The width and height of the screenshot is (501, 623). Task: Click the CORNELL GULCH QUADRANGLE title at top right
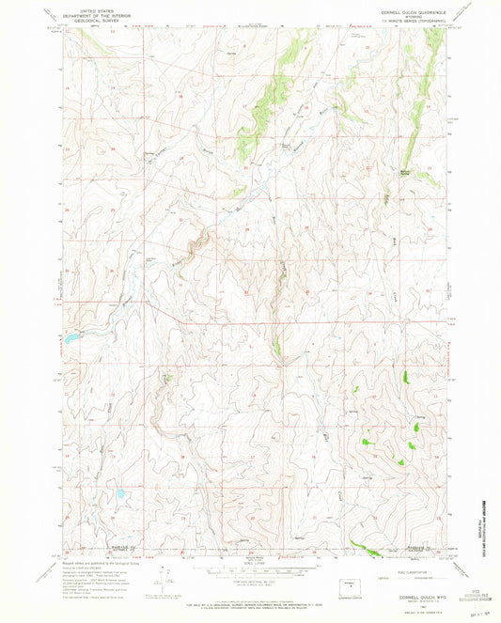pos(407,10)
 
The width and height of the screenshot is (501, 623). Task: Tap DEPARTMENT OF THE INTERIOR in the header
pos(93,12)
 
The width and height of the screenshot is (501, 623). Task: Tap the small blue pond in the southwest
pos(120,492)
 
